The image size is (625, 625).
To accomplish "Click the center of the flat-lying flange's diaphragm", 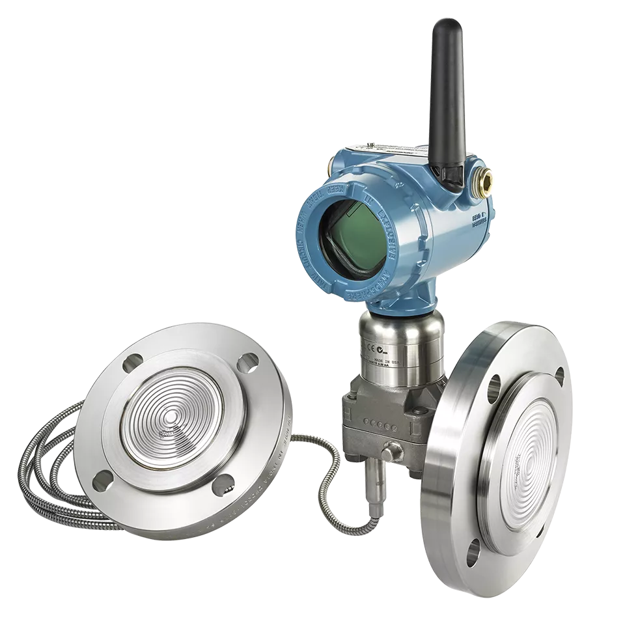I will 172,417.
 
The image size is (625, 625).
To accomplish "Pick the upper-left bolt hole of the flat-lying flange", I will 135,361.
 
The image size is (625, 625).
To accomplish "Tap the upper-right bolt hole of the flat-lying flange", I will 247,363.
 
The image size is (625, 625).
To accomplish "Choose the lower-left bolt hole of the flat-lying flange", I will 102,480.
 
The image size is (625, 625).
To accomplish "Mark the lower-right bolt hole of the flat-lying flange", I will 223,483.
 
